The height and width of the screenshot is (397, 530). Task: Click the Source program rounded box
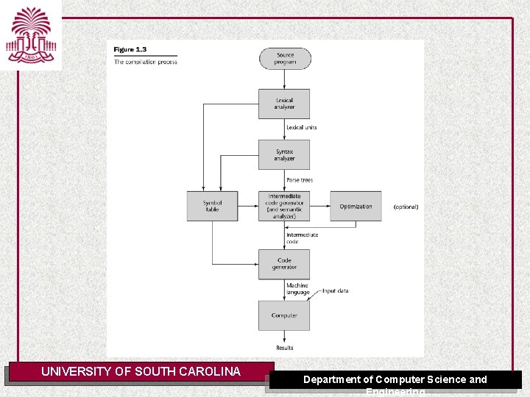pos(285,59)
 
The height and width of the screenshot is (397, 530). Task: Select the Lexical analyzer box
pos(284,104)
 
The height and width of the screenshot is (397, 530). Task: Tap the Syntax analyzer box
pos(284,155)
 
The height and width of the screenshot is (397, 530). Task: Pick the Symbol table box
pos(212,206)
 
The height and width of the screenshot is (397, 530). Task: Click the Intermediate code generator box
pos(284,206)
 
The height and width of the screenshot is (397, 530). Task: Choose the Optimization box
pos(356,206)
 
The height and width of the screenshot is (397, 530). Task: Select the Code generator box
pos(284,264)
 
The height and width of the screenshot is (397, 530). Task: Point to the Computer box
pos(284,315)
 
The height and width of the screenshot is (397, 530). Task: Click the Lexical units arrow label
pos(302,127)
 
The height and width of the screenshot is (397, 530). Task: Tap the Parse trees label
pos(300,180)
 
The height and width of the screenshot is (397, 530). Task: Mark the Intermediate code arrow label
pos(303,237)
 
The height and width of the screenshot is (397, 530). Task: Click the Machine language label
pos(298,289)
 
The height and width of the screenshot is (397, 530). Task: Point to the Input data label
pos(336,290)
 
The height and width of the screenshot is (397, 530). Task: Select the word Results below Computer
pos(284,348)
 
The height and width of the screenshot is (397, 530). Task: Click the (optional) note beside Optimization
pos(406,207)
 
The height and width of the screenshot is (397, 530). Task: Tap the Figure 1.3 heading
pos(130,49)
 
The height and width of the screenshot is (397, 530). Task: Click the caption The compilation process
pos(146,62)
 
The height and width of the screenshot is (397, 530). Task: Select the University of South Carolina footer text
pos(141,371)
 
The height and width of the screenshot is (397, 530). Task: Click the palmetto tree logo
pos(30,35)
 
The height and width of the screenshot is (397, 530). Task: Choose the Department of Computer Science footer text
pos(395,379)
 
